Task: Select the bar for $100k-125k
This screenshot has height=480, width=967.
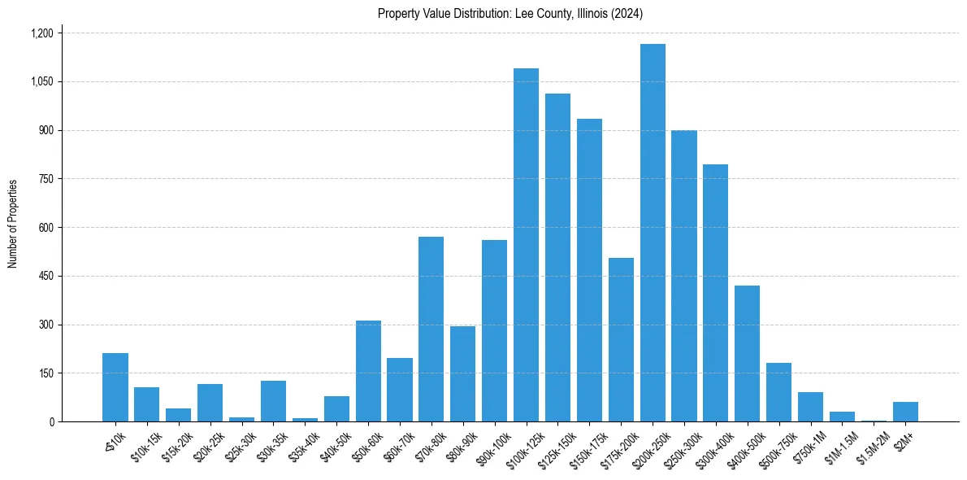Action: (526, 245)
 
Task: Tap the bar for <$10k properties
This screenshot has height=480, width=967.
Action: (115, 387)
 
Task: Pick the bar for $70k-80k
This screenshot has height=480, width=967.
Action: (431, 329)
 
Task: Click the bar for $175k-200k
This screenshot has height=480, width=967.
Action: (621, 340)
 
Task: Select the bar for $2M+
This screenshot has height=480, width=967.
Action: (905, 412)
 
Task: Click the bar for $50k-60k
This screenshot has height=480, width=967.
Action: (368, 371)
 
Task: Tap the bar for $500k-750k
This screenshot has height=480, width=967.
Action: (778, 392)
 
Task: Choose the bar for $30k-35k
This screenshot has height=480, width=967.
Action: (273, 401)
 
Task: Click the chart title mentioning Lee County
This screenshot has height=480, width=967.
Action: (510, 13)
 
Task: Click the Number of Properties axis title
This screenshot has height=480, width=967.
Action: (13, 225)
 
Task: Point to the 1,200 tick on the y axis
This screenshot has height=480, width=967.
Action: (41, 33)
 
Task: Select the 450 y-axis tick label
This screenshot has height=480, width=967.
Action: (45, 276)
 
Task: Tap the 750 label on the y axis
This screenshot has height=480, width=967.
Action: (45, 179)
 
